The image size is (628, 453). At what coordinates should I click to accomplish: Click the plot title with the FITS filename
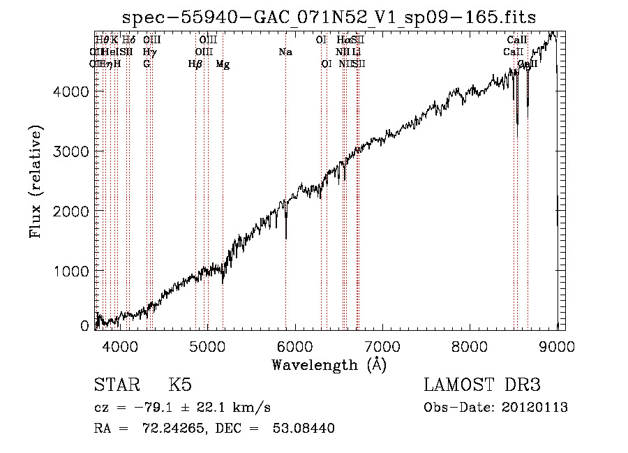(329, 17)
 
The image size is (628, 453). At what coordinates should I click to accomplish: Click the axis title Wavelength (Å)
(329, 364)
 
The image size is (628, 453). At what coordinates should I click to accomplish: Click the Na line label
(285, 52)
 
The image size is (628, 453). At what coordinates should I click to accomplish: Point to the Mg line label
(223, 64)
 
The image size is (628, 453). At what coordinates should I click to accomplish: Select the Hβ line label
(195, 64)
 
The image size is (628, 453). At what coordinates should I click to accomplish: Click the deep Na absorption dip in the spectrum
(286, 234)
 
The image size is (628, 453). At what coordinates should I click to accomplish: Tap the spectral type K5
(180, 385)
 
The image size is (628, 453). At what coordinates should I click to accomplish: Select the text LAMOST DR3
(482, 385)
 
